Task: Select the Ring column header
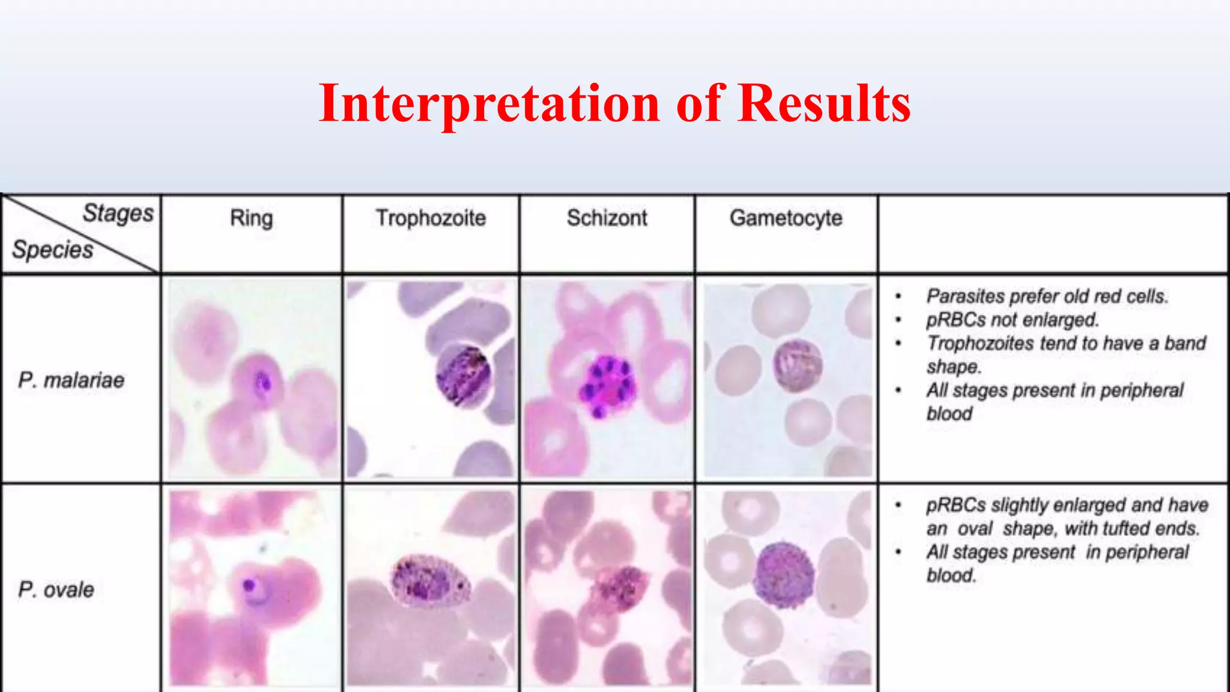pos(251,218)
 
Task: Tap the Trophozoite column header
pos(431,218)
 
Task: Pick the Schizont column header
pos(607,218)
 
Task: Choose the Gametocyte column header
pos(786,218)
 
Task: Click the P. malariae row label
pos(71,380)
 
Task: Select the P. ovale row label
pos(56,589)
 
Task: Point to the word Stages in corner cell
pos(118,213)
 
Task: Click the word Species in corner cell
pos(53,249)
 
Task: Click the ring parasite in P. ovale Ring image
pos(249,585)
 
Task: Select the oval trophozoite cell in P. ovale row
pos(430,580)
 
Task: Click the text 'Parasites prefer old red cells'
pos(1046,296)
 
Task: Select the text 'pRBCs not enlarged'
pos(1012,320)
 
